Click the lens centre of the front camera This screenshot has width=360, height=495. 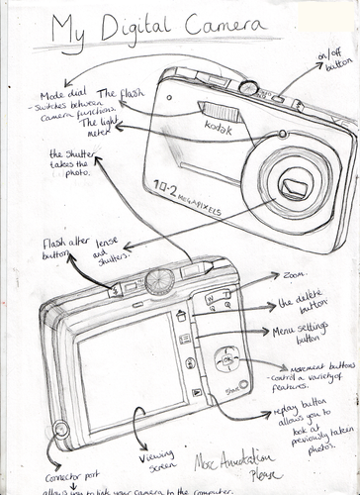coord(292,185)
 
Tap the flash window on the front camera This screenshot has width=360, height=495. coord(218,108)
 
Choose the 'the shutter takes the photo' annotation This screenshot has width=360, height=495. coord(70,164)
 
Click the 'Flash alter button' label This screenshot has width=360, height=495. coord(63,247)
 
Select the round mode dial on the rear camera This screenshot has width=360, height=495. coord(159,280)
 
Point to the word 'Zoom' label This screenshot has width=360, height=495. coord(295,274)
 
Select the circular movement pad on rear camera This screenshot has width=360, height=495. coord(226,361)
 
